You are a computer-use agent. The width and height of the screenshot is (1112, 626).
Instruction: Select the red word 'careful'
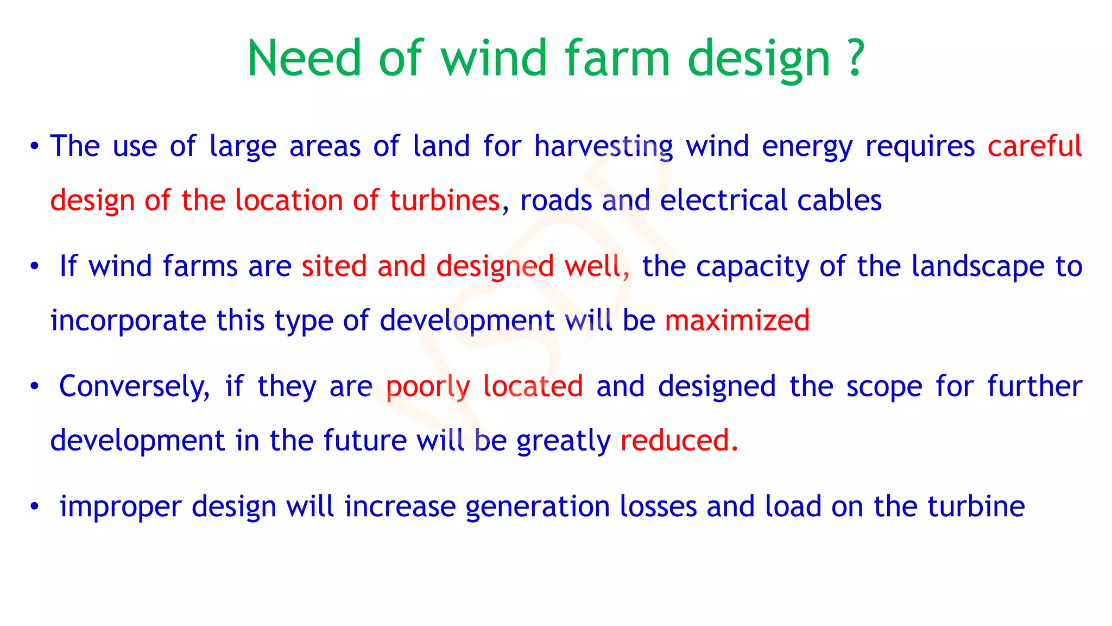[1034, 146]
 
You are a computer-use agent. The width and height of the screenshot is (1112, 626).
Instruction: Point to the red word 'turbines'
[445, 201]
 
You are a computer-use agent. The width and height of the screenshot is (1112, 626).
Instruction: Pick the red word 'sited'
[334, 266]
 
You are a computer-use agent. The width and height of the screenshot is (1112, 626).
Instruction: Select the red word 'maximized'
[737, 321]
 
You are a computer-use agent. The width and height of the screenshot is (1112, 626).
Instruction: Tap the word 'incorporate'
[128, 321]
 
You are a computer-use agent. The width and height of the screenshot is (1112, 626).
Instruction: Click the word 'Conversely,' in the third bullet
[134, 387]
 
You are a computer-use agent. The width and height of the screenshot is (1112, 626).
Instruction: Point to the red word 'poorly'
[428, 387]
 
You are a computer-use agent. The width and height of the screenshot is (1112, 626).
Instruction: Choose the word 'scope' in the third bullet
[884, 387]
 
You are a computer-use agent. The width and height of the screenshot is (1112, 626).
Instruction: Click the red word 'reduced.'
[679, 441]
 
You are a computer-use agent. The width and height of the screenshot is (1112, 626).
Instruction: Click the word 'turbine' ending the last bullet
[976, 506]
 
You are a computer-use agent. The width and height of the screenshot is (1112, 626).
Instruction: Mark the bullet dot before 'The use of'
[35, 147]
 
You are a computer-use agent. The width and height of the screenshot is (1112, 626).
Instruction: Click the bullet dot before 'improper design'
[35, 507]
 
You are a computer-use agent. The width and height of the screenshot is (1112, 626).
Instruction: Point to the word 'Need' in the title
[304, 58]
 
